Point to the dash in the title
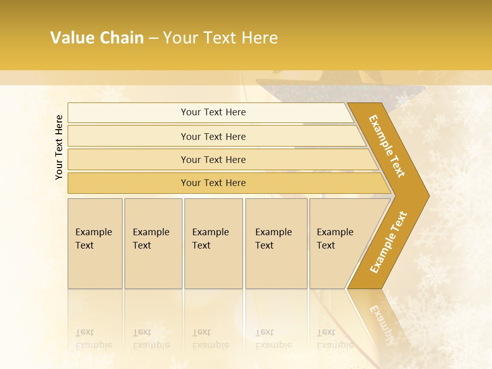(153, 38)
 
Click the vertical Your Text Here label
(59, 147)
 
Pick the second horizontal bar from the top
(213, 136)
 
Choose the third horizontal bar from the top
(213, 159)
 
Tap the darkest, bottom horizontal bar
(213, 183)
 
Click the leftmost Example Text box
(95, 243)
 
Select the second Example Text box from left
(153, 243)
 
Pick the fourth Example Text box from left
(276, 243)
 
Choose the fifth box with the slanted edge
(336, 243)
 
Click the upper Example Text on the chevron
(387, 146)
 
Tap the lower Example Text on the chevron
(388, 242)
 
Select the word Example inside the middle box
(210, 232)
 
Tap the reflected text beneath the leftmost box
(93, 339)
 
